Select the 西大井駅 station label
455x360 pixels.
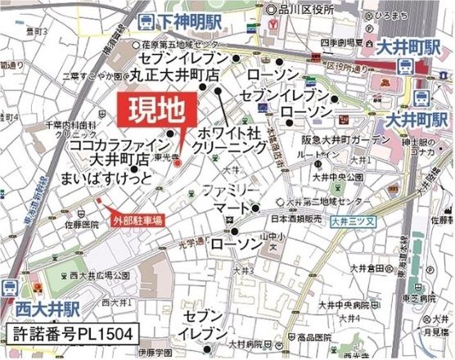point(42,308)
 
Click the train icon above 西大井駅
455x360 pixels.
point(11,287)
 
